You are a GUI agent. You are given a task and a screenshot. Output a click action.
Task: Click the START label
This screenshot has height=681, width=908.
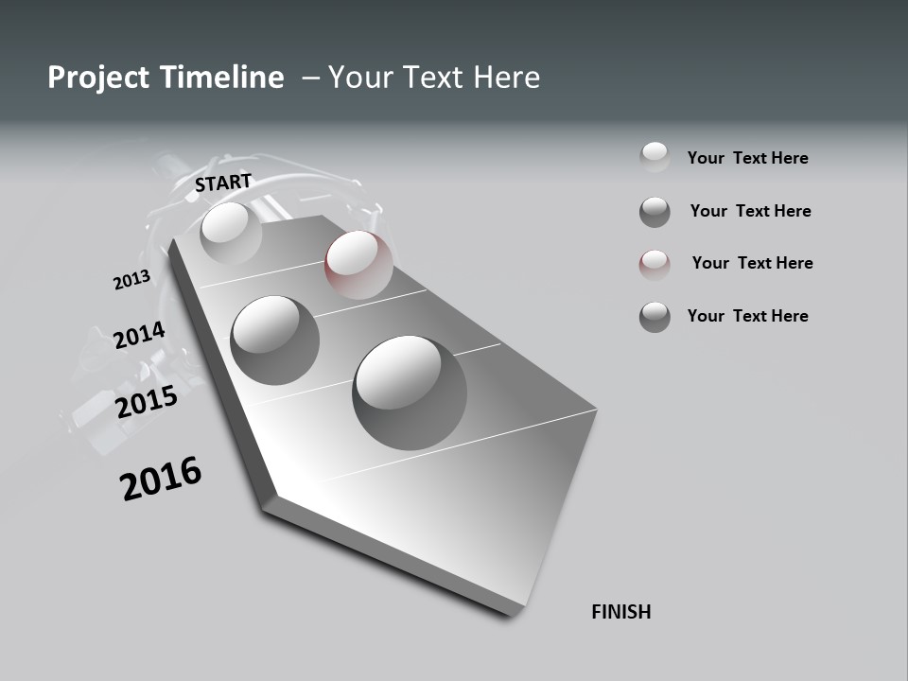[223, 183]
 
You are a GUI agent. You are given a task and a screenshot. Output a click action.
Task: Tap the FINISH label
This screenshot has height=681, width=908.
[620, 612]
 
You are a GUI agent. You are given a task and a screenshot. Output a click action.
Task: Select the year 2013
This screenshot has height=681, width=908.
[131, 280]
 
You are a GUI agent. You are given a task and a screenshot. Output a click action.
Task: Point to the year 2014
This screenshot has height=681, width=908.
[139, 336]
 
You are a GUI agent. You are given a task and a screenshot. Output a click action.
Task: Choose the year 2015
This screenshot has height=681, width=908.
[147, 402]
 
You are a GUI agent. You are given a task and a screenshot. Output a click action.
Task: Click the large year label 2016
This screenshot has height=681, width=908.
[161, 478]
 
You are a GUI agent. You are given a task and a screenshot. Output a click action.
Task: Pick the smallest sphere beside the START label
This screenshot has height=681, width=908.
[231, 233]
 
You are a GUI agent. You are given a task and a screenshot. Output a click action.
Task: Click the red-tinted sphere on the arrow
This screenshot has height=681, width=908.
[358, 264]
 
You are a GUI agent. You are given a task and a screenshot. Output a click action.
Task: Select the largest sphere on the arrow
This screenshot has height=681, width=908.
[410, 392]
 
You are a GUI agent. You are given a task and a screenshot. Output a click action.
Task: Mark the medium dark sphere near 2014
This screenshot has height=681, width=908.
[275, 340]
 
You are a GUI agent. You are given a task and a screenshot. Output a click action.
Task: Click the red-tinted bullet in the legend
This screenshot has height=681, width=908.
[655, 265]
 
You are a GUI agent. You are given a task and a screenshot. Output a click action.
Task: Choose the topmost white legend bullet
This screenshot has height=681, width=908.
[655, 157]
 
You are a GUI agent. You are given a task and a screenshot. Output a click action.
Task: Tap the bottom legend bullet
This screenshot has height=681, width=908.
[655, 317]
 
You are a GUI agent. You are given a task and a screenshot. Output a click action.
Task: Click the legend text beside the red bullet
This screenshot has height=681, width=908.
[752, 263]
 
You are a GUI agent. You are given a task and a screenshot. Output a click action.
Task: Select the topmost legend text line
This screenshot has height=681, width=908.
[747, 158]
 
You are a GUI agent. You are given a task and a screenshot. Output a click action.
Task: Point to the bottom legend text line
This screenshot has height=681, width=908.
[747, 316]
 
